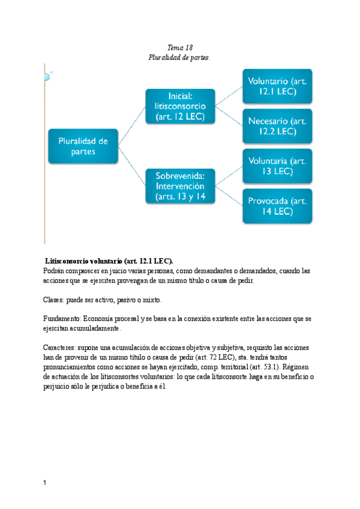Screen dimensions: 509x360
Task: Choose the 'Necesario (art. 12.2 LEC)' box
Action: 277,125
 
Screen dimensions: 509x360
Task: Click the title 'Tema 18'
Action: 179,47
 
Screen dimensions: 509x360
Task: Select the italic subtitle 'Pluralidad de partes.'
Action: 179,57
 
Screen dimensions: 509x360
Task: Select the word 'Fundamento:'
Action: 62,319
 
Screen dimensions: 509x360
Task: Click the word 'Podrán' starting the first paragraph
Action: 55,271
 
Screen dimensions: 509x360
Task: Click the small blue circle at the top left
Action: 46,76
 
